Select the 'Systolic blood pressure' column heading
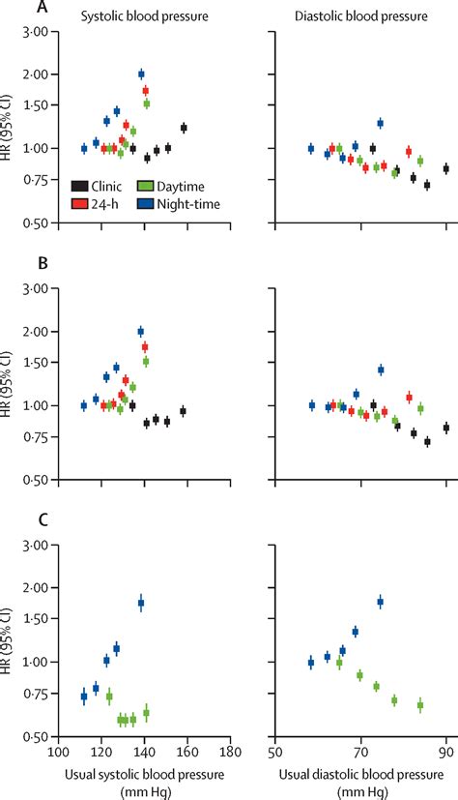[x=136, y=17]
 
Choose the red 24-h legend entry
[x=79, y=203]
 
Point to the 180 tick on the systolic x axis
[x=230, y=751]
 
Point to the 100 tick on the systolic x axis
[x=60, y=751]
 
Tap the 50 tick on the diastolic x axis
[x=275, y=751]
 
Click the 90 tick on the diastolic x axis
[x=445, y=751]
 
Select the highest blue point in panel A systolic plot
[x=141, y=74]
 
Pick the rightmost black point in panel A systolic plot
[x=184, y=128]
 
